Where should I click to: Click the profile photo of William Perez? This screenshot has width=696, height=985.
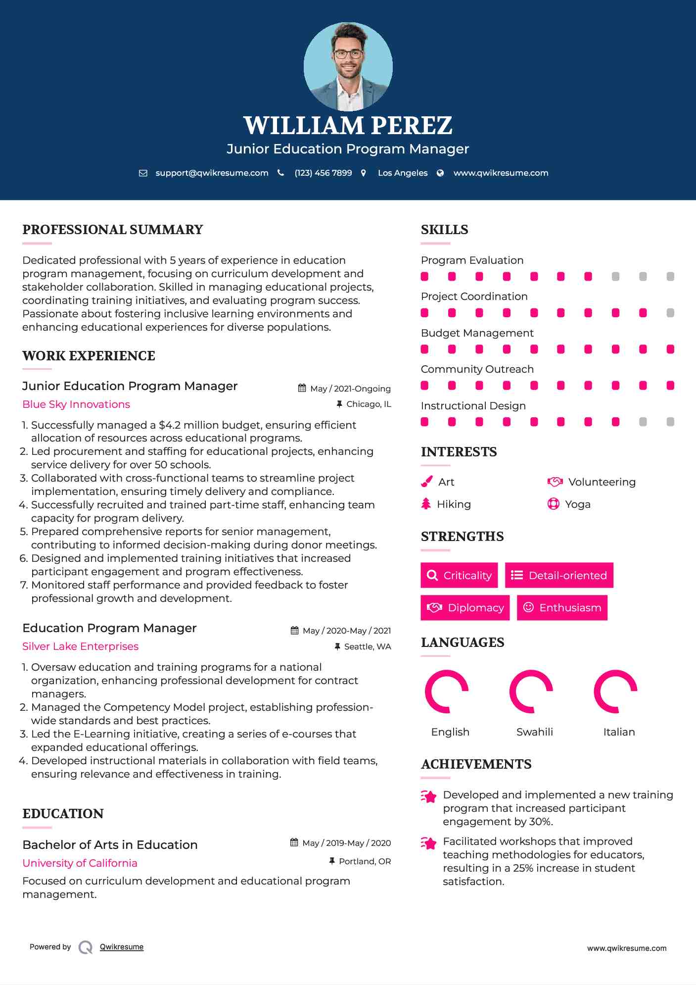click(x=348, y=66)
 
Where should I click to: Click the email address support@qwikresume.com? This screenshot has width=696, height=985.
click(x=212, y=173)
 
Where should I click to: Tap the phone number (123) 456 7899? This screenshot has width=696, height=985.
click(x=323, y=173)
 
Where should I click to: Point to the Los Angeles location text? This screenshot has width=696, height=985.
click(x=402, y=173)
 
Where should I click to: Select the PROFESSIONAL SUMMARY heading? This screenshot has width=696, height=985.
click(x=113, y=230)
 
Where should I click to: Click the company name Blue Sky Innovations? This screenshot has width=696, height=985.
click(x=76, y=404)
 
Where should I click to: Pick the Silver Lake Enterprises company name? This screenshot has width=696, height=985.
click(x=80, y=646)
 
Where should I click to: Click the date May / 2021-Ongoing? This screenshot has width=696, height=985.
click(x=350, y=389)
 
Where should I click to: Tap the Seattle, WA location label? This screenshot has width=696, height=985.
click(x=367, y=646)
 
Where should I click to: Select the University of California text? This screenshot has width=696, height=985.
click(x=80, y=863)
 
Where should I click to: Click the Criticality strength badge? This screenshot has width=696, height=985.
click(x=459, y=575)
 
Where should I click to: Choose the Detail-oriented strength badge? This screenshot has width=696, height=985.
click(x=559, y=575)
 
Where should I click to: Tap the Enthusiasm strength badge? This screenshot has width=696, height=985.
click(x=562, y=607)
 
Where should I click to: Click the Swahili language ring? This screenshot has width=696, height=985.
click(x=531, y=691)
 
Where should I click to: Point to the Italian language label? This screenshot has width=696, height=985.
click(x=619, y=732)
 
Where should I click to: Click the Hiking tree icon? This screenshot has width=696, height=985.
click(x=426, y=504)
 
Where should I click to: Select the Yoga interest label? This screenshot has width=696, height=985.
click(x=578, y=504)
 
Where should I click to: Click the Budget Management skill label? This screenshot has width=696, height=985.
click(x=477, y=333)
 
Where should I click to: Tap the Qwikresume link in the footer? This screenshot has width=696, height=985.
click(x=121, y=947)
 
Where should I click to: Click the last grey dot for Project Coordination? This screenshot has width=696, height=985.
click(x=670, y=313)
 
